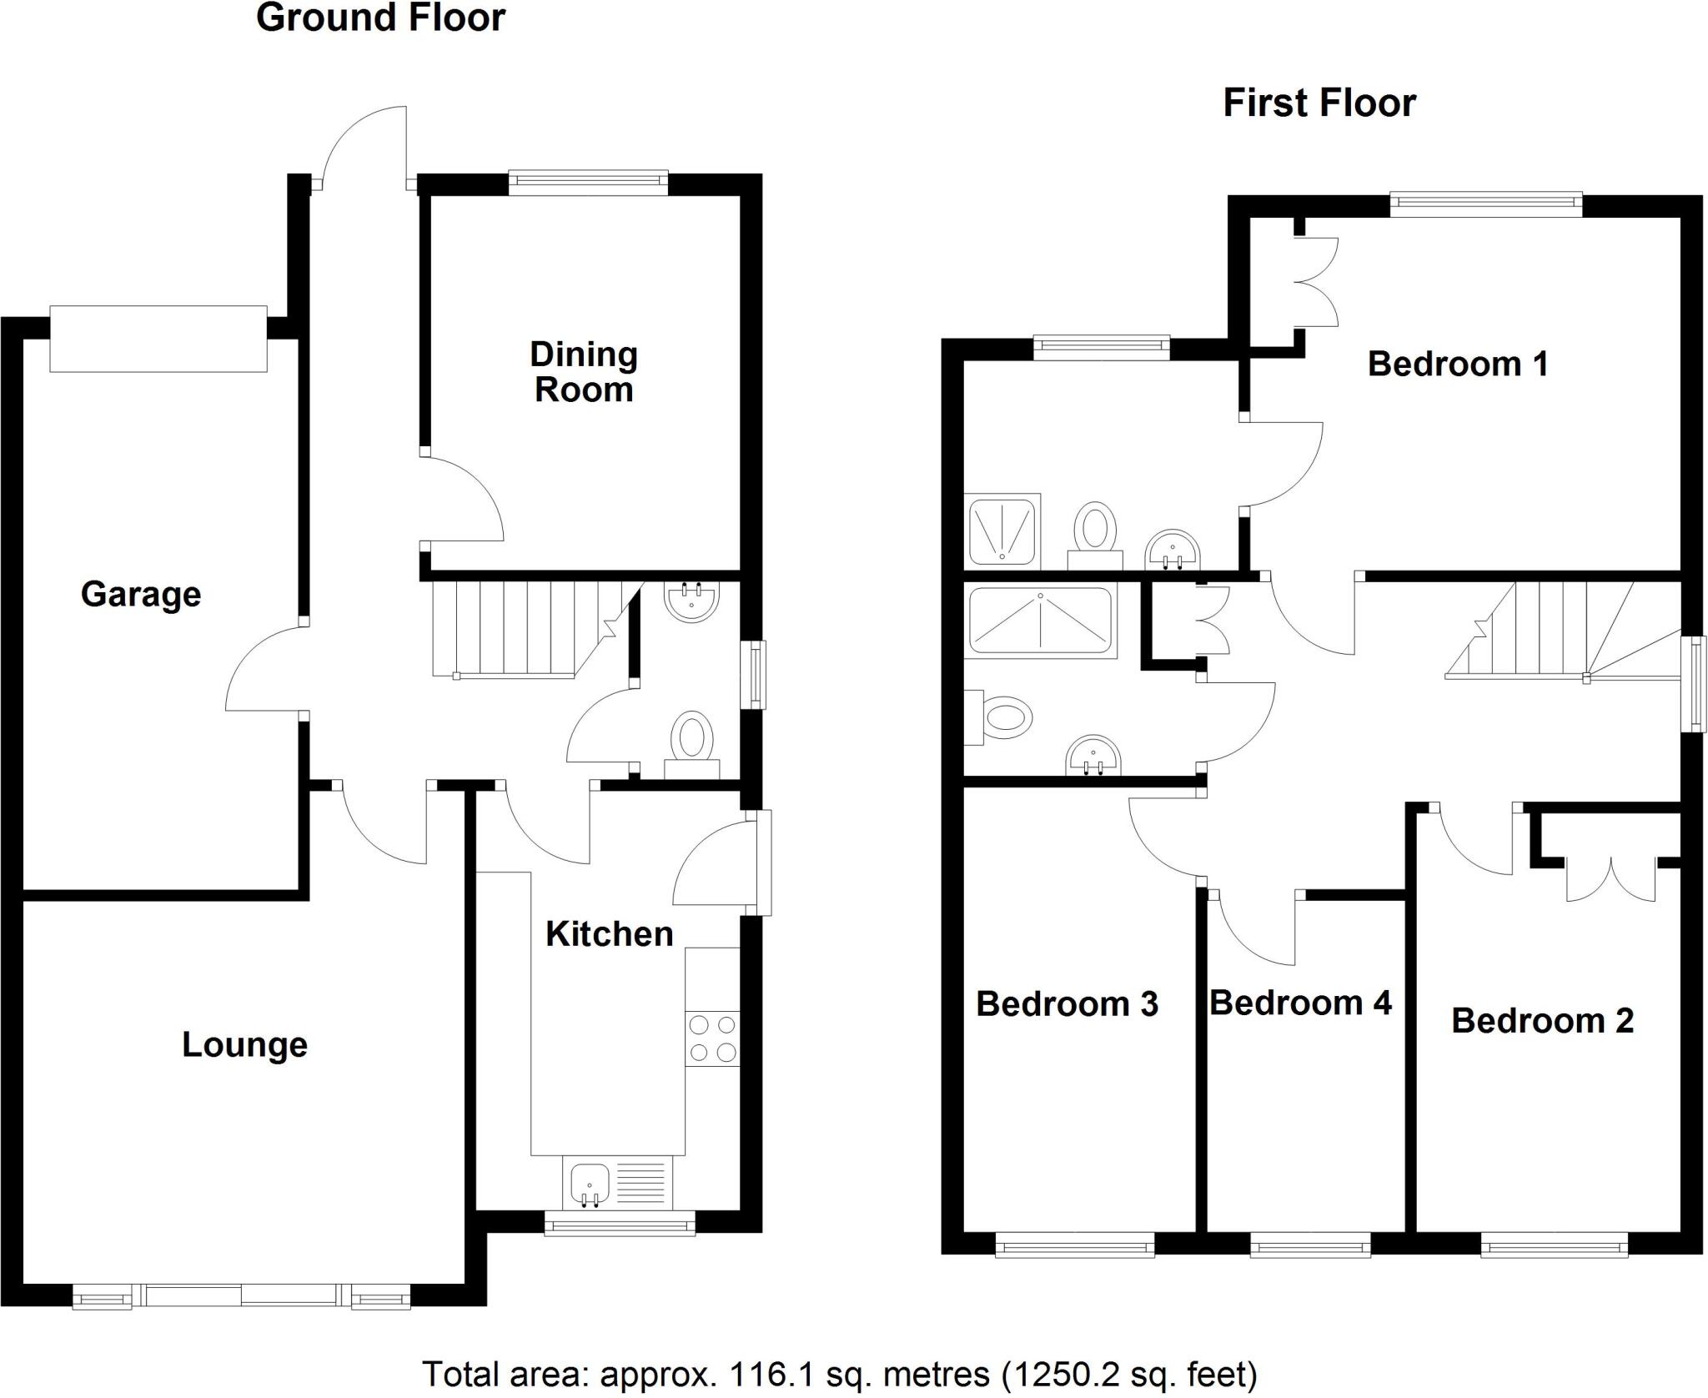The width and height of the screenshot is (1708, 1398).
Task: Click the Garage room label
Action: point(141,595)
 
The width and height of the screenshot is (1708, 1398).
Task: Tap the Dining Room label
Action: point(584,372)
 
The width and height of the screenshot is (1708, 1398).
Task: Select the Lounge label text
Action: point(244,1045)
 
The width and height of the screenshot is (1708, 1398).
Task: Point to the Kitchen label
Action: point(609,934)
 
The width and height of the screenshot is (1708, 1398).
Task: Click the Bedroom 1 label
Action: point(1458,365)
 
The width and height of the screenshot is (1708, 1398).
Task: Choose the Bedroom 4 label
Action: point(1300,1003)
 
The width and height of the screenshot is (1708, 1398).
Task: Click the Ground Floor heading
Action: point(380,18)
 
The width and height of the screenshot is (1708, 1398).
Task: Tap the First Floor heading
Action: point(1319,103)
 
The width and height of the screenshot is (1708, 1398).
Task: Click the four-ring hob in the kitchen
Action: point(712,1038)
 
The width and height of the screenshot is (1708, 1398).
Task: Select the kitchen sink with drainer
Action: point(617,1183)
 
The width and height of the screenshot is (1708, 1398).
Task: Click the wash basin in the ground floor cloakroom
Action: point(691,601)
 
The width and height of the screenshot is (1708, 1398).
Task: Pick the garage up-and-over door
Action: point(158,339)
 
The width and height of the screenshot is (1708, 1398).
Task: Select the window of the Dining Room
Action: point(588,182)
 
